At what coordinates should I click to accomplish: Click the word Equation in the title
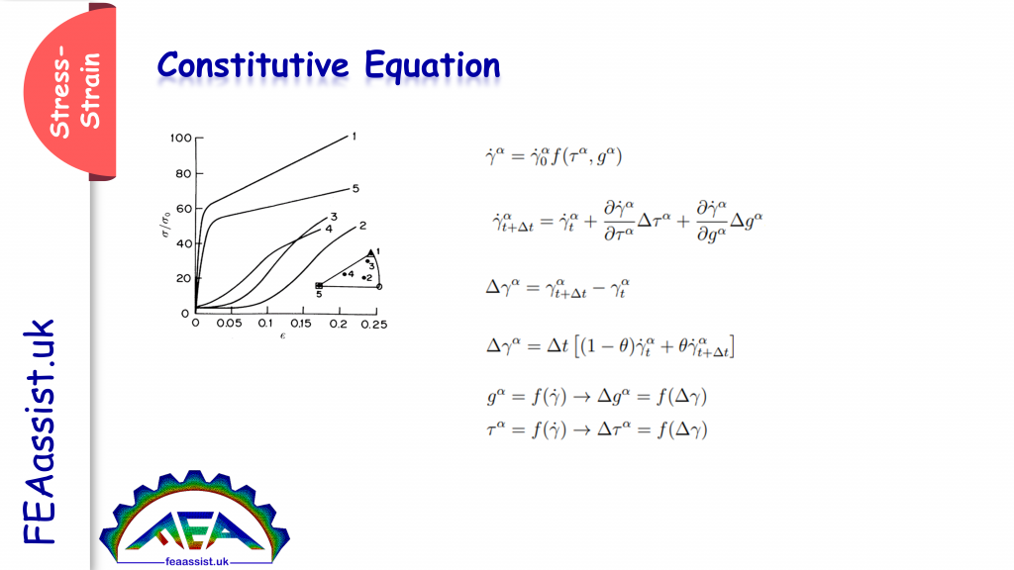pyautogui.click(x=432, y=66)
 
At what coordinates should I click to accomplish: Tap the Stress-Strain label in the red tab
pyautogui.click(x=75, y=93)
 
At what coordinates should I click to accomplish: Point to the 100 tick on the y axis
pyautogui.click(x=179, y=139)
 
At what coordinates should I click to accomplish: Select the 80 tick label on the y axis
pyautogui.click(x=182, y=174)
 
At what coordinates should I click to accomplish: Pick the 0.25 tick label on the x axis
pyautogui.click(x=375, y=324)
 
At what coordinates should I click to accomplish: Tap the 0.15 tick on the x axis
pyautogui.click(x=303, y=324)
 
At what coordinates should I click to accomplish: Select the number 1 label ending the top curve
pyautogui.click(x=354, y=135)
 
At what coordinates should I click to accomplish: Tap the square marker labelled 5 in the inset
pyautogui.click(x=319, y=285)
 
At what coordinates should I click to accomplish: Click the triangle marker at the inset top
pyautogui.click(x=370, y=252)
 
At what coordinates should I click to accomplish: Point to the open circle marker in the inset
pyautogui.click(x=380, y=287)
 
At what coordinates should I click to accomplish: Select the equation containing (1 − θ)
pyautogui.click(x=615, y=346)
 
